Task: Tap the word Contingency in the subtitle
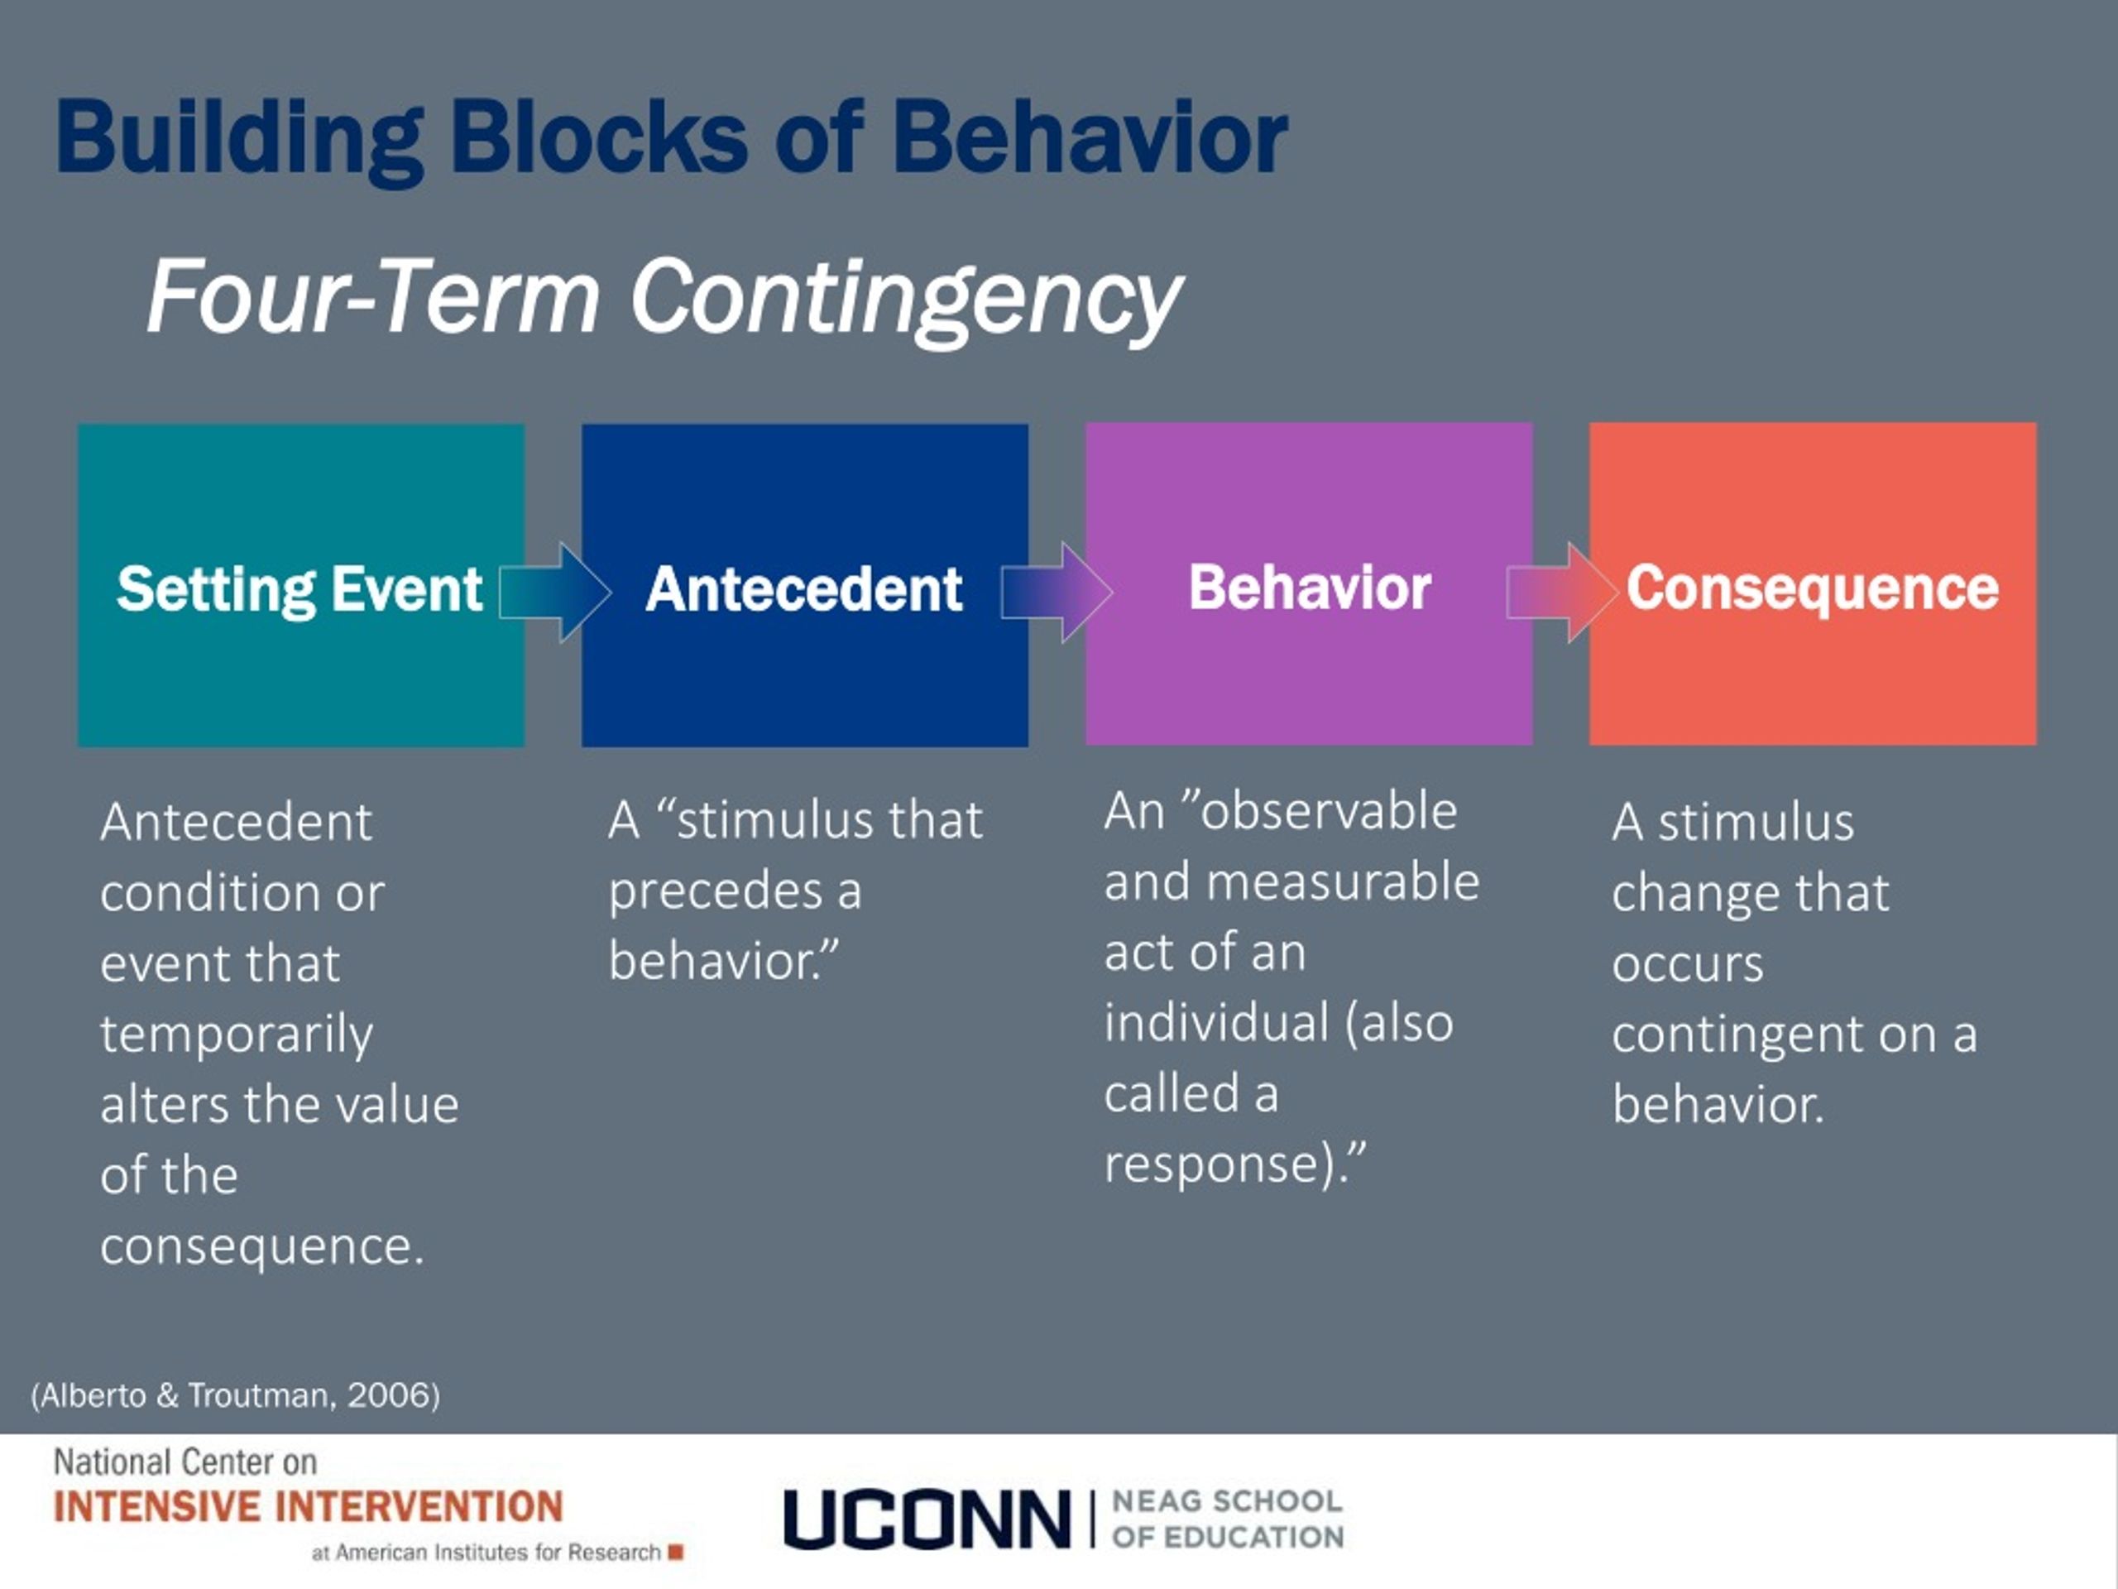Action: [x=905, y=297]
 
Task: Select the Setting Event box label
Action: [x=299, y=588]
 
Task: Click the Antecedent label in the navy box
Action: [x=803, y=588]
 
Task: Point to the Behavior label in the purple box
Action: [x=1309, y=586]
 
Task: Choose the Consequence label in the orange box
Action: [x=1813, y=587]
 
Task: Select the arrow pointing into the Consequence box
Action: [x=1560, y=592]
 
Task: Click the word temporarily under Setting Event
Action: [x=236, y=1035]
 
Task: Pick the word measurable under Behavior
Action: [x=1343, y=882]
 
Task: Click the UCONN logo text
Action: [x=926, y=1519]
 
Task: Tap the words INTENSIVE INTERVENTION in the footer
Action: [x=308, y=1506]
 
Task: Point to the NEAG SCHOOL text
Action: [x=1227, y=1501]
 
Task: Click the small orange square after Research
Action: [x=675, y=1552]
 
